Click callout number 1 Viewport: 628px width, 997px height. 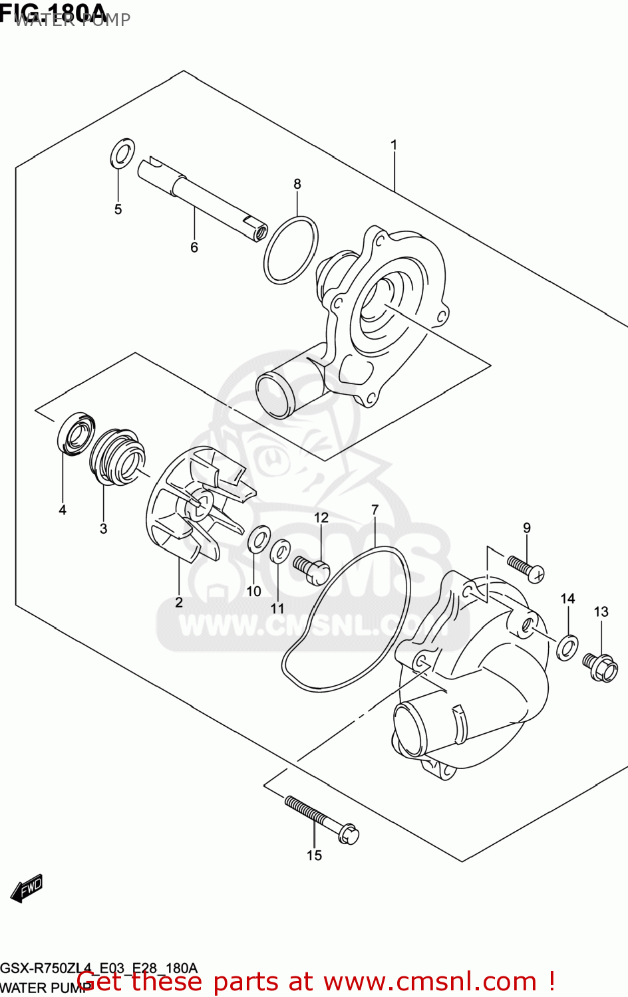point(394,145)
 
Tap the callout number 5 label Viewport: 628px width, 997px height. point(118,209)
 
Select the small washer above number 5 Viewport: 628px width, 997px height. point(122,154)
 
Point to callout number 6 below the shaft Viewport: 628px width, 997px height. point(194,247)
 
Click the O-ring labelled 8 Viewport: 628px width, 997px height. point(291,250)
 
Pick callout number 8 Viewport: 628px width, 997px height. point(297,184)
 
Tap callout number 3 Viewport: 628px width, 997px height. point(103,528)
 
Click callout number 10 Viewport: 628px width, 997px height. point(253,591)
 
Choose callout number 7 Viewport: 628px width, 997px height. point(375,510)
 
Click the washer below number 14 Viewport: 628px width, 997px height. point(567,647)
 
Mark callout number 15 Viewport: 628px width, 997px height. point(314,855)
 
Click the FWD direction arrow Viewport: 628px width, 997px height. point(27,888)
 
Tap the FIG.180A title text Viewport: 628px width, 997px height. point(53,12)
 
